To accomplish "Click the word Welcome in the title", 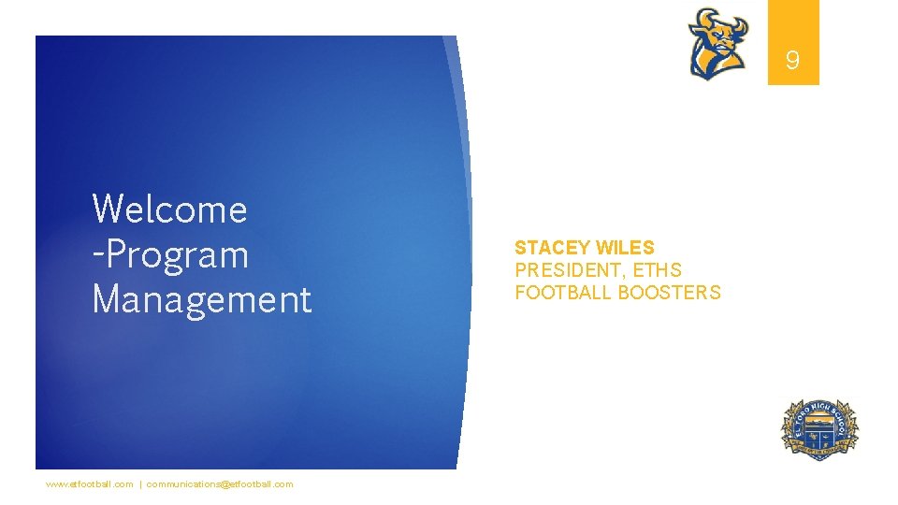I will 169,209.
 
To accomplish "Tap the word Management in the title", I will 201,299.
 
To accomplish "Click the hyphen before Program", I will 96,255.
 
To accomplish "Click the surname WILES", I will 625,248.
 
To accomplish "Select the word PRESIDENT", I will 571,270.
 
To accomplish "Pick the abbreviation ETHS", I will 657,270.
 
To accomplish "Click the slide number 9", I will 792,62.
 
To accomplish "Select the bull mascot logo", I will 718,43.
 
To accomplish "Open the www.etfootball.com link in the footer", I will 90,484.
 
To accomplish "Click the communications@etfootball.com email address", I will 220,484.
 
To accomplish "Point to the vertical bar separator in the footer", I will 140,484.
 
